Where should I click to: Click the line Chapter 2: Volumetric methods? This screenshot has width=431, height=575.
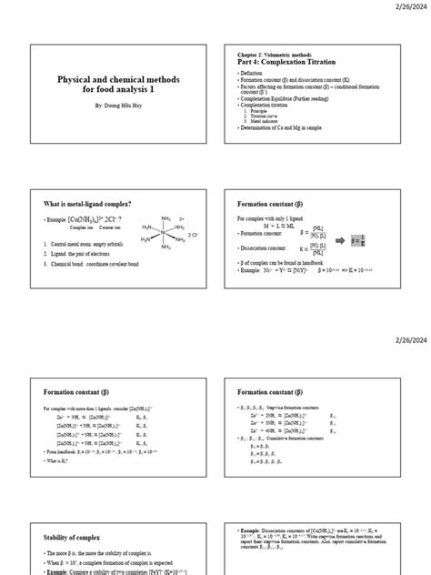tap(276, 54)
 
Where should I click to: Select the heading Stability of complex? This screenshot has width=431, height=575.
tap(77, 538)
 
